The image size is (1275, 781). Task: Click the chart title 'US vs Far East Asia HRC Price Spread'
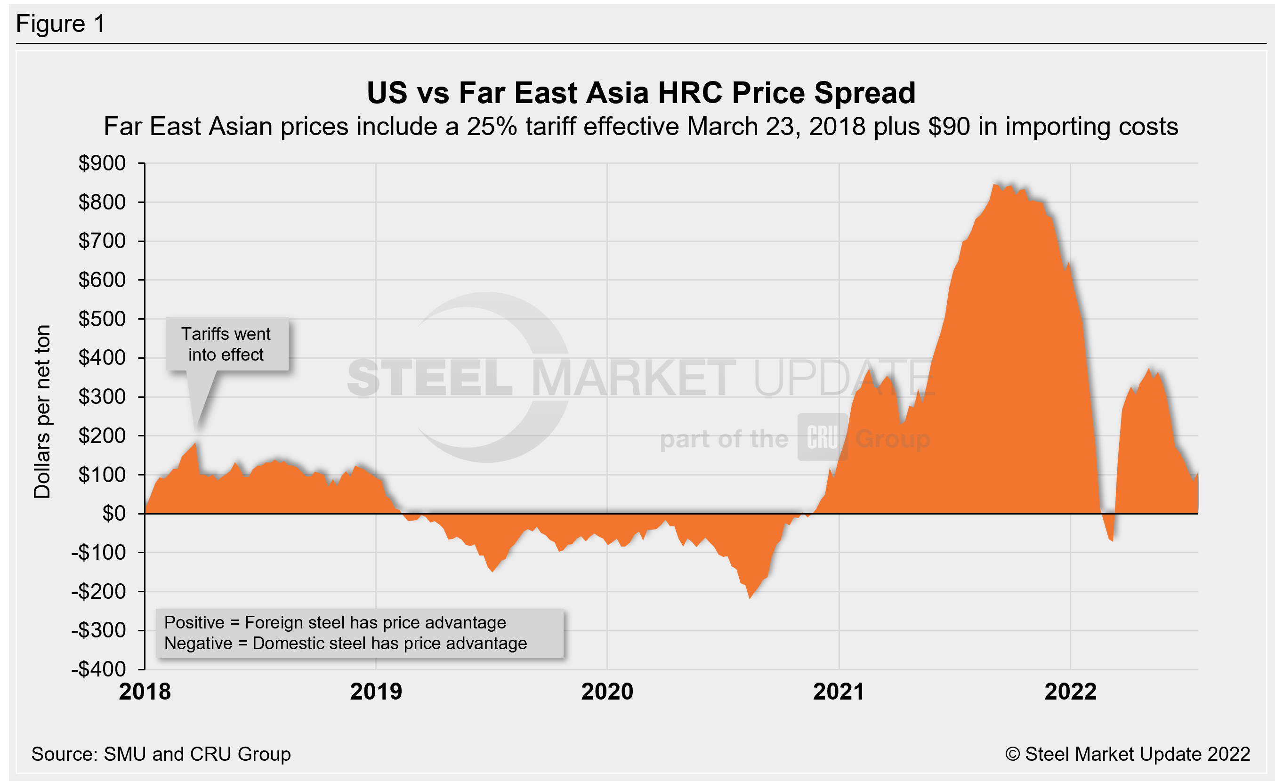click(641, 93)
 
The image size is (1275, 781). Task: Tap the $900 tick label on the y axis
click(102, 163)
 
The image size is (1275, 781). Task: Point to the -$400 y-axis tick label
click(98, 669)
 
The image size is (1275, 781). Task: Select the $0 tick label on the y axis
click(114, 514)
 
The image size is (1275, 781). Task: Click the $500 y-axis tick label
click(102, 319)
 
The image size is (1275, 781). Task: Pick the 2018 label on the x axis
click(145, 692)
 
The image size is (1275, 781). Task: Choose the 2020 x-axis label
click(607, 692)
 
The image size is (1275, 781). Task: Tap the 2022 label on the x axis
click(1070, 692)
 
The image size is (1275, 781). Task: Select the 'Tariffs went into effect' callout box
click(226, 345)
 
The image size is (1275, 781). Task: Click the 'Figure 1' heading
click(61, 24)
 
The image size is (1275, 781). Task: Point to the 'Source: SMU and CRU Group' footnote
click(161, 754)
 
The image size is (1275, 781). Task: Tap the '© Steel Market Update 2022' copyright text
click(1128, 754)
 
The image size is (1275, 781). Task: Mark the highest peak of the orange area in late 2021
click(994, 185)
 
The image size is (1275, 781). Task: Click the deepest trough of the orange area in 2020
click(750, 598)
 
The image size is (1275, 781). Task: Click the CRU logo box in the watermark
click(822, 437)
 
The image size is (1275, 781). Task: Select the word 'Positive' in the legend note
click(194, 623)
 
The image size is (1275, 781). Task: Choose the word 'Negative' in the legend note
click(198, 644)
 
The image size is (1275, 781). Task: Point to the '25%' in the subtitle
click(492, 127)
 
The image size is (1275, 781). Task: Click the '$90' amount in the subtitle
click(949, 127)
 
